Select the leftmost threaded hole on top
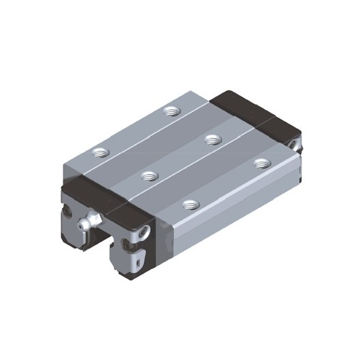pos(101,152)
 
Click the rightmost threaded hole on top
pos(259,163)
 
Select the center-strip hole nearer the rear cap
pos(213,139)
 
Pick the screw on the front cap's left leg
pos(71,211)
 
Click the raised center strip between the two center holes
pos(181,158)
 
